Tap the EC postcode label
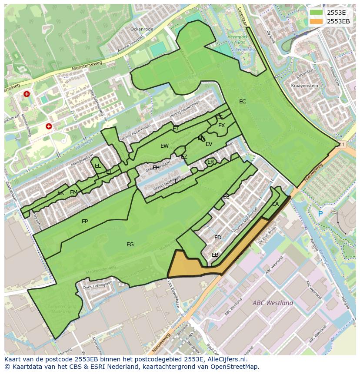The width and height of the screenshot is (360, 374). (x=243, y=102)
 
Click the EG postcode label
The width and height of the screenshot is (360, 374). (x=130, y=245)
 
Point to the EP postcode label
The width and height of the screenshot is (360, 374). (x=85, y=222)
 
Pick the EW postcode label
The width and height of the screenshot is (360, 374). (x=164, y=146)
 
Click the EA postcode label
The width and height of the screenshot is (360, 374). (x=276, y=204)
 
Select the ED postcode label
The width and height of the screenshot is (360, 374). (x=218, y=238)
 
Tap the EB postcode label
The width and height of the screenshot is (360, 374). (x=215, y=255)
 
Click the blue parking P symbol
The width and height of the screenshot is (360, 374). (x=320, y=214)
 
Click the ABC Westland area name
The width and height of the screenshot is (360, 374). (x=273, y=303)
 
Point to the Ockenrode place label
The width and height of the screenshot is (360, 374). (x=142, y=29)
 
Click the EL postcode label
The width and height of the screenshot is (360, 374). (x=98, y=166)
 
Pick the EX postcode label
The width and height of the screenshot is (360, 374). (x=222, y=126)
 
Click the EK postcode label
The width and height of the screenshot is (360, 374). (x=60, y=193)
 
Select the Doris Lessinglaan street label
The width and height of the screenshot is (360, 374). (x=97, y=285)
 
